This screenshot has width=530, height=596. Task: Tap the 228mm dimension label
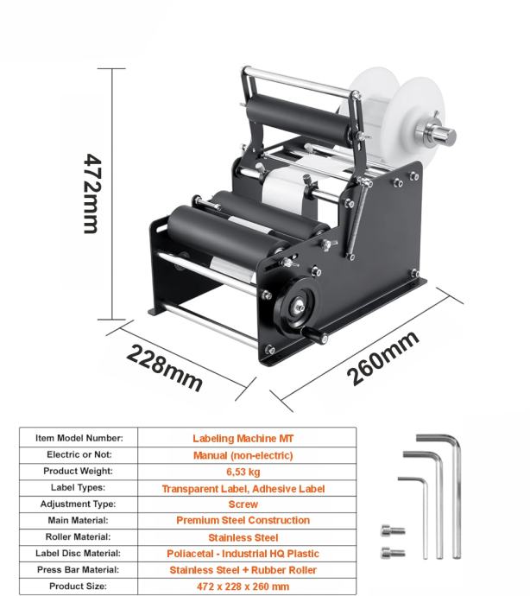point(164,367)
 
